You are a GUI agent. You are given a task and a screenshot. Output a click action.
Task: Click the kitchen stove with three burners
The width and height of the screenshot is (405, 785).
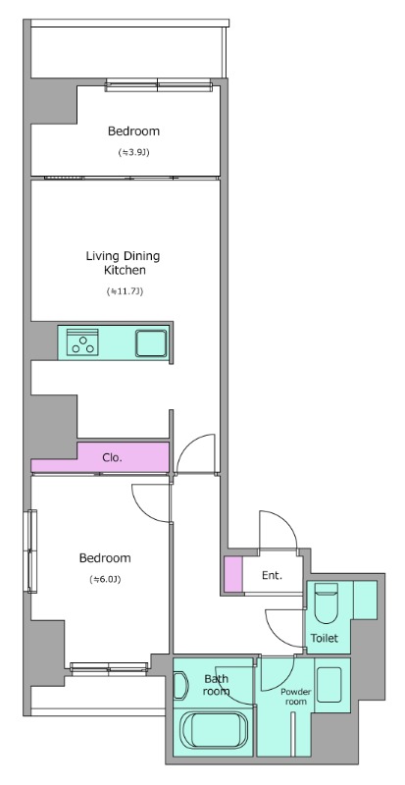click(x=82, y=341)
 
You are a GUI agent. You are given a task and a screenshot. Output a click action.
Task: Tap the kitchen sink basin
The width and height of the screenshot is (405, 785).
click(x=151, y=342)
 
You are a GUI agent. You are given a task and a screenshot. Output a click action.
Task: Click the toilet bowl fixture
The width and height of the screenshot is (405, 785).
click(x=326, y=602)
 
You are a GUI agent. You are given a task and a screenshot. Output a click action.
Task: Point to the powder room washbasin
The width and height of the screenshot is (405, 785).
click(x=329, y=684)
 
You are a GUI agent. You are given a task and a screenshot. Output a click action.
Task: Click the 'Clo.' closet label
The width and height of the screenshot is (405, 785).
click(x=112, y=457)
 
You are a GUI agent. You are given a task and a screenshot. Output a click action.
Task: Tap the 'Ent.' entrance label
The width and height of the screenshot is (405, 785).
click(x=272, y=575)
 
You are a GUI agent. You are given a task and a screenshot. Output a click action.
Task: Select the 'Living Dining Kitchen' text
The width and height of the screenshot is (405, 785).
click(x=124, y=263)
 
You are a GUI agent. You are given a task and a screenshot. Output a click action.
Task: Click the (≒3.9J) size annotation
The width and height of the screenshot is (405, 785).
click(x=133, y=153)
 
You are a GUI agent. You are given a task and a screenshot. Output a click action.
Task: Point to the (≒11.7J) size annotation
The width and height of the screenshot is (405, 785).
click(x=126, y=290)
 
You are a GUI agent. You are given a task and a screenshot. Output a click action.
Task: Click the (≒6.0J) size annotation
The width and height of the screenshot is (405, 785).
click(x=105, y=580)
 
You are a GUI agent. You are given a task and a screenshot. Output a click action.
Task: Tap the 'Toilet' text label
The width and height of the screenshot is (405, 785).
click(x=325, y=639)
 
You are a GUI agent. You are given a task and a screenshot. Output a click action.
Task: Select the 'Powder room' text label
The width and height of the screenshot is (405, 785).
click(x=295, y=697)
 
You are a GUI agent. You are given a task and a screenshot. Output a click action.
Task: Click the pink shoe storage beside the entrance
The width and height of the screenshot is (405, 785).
click(x=232, y=574)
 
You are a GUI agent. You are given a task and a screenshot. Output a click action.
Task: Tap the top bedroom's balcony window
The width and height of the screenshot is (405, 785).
click(x=159, y=85)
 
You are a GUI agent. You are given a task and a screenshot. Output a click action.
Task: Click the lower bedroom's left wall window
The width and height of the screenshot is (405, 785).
click(x=32, y=551)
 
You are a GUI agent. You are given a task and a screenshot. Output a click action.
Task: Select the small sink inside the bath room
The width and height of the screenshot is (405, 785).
click(x=180, y=685)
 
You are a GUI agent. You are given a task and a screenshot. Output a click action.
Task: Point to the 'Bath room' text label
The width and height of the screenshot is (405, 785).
click(x=217, y=685)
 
